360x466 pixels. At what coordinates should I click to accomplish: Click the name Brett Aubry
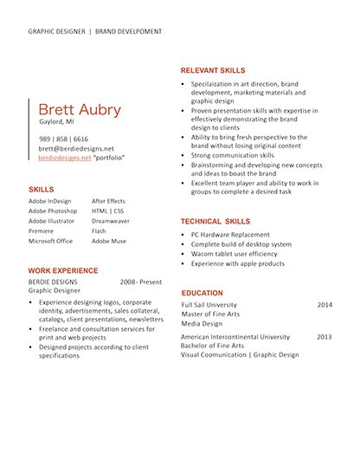(80, 109)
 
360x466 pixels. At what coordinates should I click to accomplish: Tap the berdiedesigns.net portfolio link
(65, 158)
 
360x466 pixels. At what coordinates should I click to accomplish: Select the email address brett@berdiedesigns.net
(76, 149)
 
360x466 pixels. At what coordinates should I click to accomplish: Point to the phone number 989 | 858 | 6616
(63, 139)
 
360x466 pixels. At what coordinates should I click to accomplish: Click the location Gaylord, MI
(56, 121)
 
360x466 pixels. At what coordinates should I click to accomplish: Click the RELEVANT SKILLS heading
(213, 70)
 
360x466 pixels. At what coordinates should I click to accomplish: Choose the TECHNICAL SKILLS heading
(215, 222)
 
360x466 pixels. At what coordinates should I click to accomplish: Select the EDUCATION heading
(202, 293)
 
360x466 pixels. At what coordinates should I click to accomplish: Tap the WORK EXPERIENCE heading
(63, 271)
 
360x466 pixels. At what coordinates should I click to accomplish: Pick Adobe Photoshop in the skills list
(53, 211)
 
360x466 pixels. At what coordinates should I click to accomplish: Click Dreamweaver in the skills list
(111, 221)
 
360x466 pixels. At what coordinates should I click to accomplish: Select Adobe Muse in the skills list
(109, 241)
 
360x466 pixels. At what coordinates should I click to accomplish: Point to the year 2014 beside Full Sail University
(325, 305)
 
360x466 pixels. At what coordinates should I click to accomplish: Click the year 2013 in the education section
(324, 337)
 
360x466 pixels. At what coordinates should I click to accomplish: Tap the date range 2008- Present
(141, 282)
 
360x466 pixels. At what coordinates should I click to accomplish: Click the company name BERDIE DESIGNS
(53, 282)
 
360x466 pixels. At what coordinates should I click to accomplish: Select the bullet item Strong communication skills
(233, 155)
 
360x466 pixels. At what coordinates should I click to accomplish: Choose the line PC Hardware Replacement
(230, 235)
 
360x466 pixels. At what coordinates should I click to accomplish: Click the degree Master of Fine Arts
(210, 314)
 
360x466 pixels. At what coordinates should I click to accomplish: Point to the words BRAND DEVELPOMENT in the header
(128, 31)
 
